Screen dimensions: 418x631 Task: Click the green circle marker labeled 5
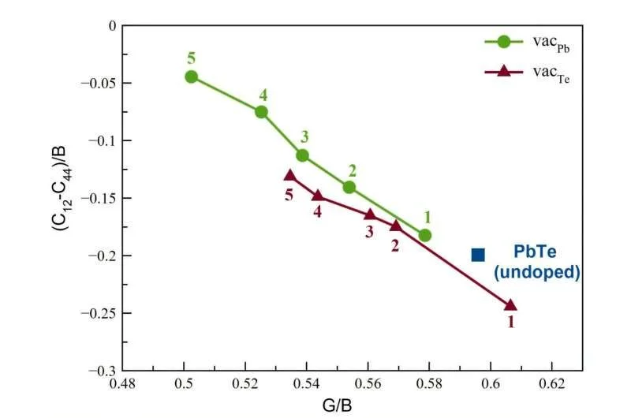191,77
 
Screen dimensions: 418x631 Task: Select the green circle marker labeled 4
261,112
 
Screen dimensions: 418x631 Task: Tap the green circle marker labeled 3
302,155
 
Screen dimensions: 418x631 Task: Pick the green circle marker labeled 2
349,187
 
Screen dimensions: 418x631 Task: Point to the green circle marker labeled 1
425,235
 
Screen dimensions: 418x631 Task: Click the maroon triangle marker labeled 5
289,176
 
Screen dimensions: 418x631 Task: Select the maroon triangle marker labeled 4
317,196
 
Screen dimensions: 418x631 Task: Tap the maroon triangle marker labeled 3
370,215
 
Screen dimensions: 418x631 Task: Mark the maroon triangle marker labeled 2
396,226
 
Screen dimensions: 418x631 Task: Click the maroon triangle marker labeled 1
510,305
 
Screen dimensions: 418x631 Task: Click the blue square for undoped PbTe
478,254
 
